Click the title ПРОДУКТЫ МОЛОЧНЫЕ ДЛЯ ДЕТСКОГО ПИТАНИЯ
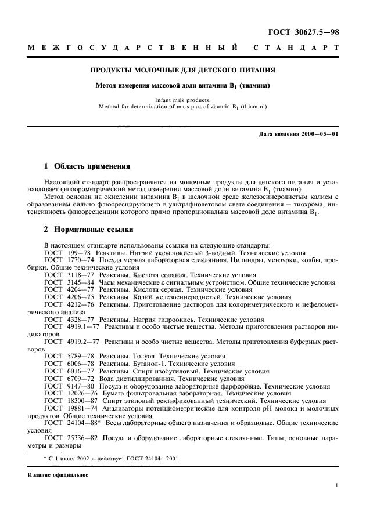point(182,71)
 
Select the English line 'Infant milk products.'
point(182,100)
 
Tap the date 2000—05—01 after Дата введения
point(319,135)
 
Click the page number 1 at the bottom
point(336,487)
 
